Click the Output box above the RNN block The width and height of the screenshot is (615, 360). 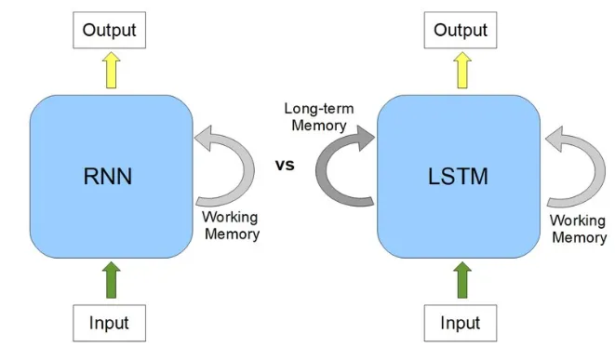pos(110,30)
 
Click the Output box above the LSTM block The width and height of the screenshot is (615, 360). pos(461,30)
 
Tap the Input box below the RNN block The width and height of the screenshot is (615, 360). pos(110,323)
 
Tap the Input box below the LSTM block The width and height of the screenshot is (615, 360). pos(461,323)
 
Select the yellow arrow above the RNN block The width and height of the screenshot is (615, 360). pos(112,70)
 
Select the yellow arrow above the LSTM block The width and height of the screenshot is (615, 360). pos(462,70)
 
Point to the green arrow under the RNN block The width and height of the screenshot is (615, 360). pos(112,280)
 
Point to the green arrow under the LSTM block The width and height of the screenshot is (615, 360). pos(462,280)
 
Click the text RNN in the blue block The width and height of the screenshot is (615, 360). pos(108,177)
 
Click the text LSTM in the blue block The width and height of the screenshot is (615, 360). pos(458,177)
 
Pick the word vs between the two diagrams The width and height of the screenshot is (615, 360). pos(285,165)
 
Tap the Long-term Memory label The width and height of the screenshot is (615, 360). pos(319,117)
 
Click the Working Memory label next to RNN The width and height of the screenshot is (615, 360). pos(232,225)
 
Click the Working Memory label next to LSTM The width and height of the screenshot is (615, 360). pos(579,229)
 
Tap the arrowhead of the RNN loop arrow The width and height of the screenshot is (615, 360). pos(203,138)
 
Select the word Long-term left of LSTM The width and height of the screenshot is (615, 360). pos(319,109)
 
